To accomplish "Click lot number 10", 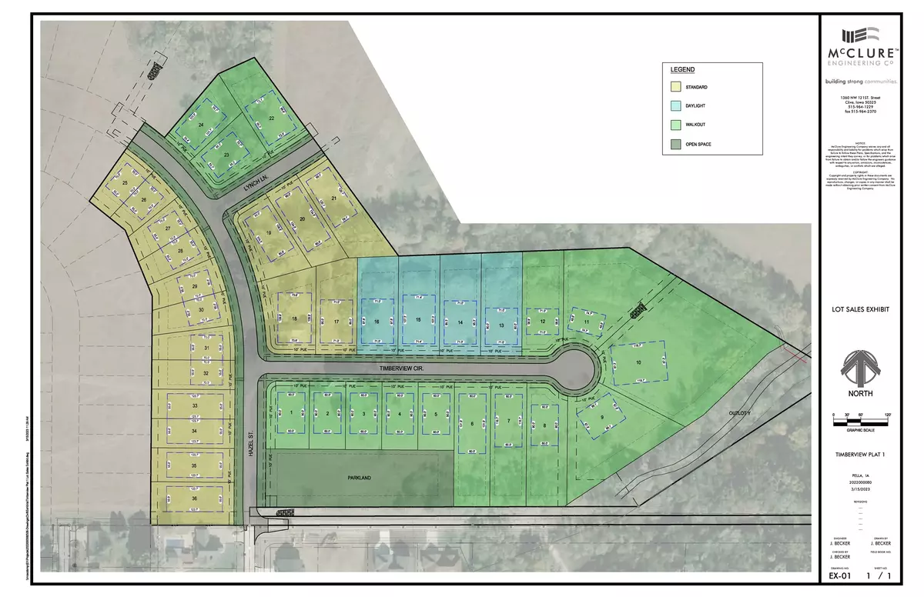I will pyautogui.click(x=638, y=362).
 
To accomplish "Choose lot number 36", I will pyautogui.click(x=172, y=499).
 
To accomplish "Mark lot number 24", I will pyautogui.click(x=202, y=123).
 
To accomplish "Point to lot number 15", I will pyautogui.click(x=418, y=319).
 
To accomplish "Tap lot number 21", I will pyautogui.click(x=333, y=198).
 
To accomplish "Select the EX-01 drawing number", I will pyautogui.click(x=838, y=574).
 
